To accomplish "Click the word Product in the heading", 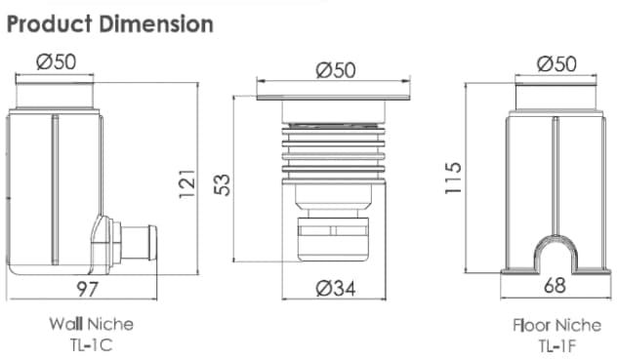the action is (49, 23).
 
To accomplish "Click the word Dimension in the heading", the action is (156, 23).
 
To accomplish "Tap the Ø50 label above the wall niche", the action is (57, 61).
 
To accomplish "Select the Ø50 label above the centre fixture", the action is (336, 69).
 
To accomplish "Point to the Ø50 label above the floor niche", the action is (556, 63).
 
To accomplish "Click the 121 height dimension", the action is (187, 184).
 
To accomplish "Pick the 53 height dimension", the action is (222, 184).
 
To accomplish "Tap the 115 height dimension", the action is (453, 178).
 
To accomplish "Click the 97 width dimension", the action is (87, 289).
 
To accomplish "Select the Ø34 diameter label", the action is (336, 289).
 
